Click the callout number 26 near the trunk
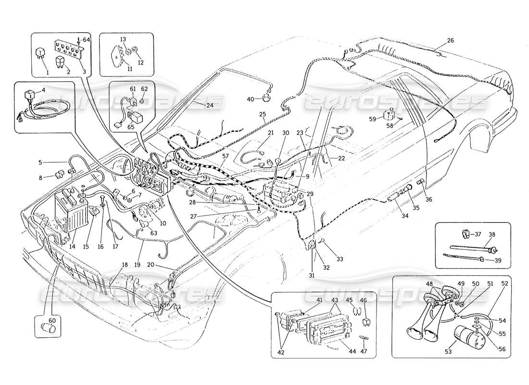[450, 41]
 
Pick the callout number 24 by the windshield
[196, 104]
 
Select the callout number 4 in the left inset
[43, 90]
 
